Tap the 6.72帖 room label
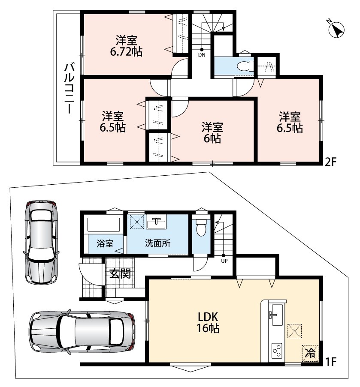126,46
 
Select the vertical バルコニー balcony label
69,88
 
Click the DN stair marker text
202,55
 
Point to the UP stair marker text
224,261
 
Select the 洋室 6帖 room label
212,132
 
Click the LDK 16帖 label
208,322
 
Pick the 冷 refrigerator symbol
310,353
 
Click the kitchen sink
277,315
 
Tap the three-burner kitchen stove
277,351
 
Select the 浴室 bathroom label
105,243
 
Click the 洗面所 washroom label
157,243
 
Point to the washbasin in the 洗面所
156,223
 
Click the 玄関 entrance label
120,273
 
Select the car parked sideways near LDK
82,331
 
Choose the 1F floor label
331,362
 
